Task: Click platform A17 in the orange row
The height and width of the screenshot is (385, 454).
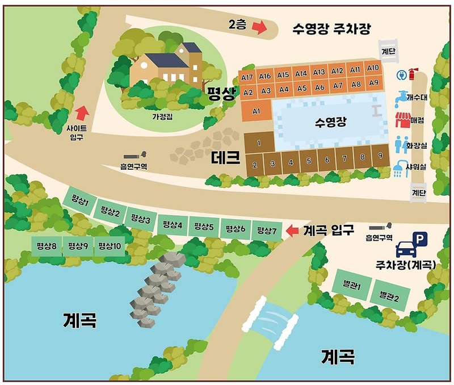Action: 247,77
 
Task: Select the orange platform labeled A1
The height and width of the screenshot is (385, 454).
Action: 256,110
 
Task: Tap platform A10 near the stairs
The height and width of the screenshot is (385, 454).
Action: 373,68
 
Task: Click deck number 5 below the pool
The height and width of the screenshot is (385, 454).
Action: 309,161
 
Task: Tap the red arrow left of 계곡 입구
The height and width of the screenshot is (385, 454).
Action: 292,231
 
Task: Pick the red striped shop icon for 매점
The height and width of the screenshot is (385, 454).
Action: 403,120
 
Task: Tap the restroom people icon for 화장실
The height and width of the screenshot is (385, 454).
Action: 401,144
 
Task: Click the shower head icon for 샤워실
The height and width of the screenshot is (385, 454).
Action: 400,169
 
